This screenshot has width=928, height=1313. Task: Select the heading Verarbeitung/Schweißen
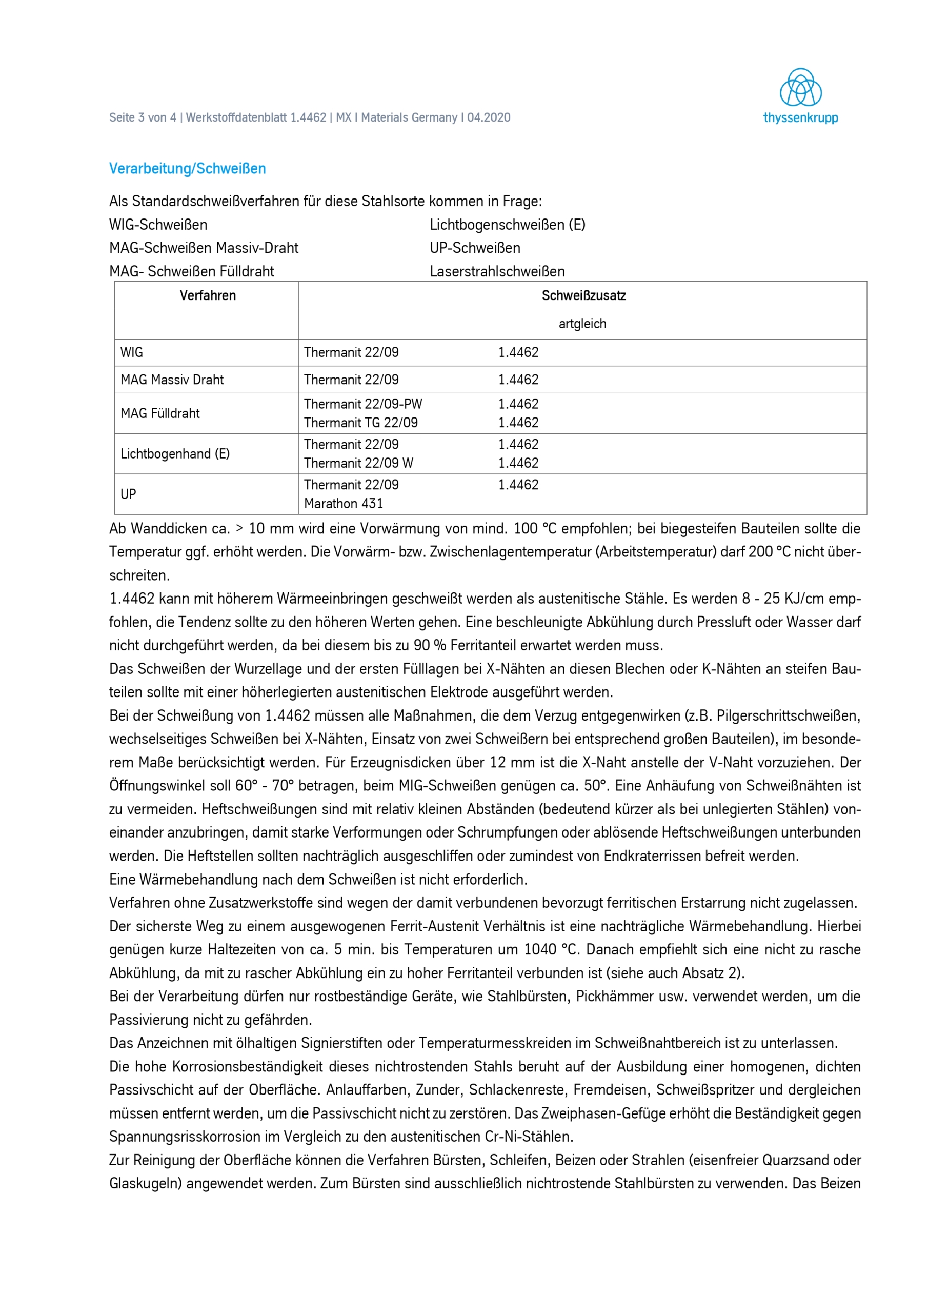coord(188,169)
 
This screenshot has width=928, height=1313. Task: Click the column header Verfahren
coord(208,295)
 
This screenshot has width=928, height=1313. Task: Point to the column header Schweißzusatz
coord(583,295)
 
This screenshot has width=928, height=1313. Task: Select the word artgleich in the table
coord(582,324)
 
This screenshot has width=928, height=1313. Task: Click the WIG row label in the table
coord(132,352)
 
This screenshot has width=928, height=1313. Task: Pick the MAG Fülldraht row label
coord(160,413)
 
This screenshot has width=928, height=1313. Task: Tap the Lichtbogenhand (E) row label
coord(175,454)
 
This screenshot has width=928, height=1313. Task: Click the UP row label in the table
coord(128,494)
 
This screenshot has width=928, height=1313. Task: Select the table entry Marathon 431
coord(344,504)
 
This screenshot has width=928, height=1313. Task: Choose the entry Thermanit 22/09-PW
coord(363,404)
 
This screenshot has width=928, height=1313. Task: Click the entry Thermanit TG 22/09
coord(361,423)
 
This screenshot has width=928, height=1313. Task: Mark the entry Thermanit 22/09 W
coord(358,463)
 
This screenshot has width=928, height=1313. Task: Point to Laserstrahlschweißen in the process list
coord(497,272)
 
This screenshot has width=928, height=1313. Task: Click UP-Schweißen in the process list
coord(475,248)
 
